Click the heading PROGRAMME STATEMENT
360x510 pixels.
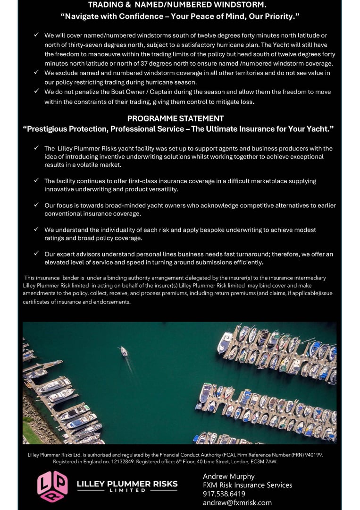click(176, 119)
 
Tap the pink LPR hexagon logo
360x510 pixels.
click(52, 486)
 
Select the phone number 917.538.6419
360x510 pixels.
click(224, 494)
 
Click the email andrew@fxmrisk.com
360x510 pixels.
click(237, 503)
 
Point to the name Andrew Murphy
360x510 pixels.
click(229, 476)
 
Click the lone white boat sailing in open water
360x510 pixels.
click(124, 351)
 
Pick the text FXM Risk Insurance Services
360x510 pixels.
click(248, 485)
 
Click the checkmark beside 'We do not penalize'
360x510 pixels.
click(36, 92)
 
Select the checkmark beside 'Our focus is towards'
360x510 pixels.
click(36, 205)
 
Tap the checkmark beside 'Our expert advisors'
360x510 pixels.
click(36, 254)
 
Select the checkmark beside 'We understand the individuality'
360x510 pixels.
click(36, 229)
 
